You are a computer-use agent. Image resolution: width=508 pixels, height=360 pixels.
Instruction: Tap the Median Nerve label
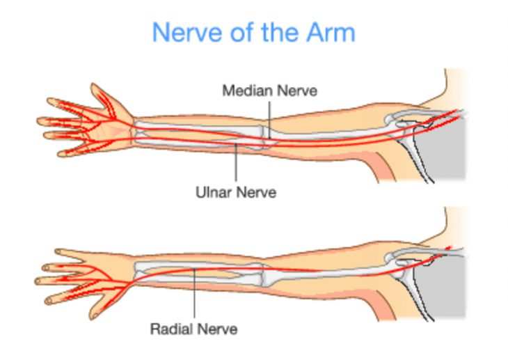coord(269,91)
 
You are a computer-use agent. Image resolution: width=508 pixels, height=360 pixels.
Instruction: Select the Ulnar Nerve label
coord(235,191)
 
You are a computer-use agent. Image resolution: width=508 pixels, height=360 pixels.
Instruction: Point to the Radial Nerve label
coord(193,327)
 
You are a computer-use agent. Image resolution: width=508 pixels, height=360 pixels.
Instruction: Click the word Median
coord(244,91)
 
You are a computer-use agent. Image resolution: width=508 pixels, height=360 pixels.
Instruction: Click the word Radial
coord(171,327)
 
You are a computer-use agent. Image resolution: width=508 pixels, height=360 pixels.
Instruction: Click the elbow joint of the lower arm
coord(269,273)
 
